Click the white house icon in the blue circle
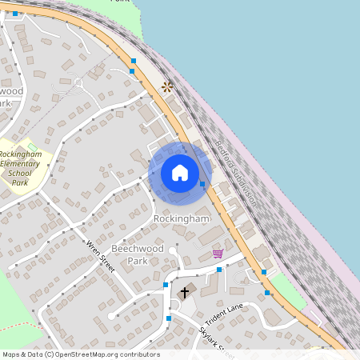tap(180, 172)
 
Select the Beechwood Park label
tap(138, 254)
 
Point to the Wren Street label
tap(101, 257)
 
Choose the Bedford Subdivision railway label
tap(237, 172)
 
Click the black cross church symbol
tap(185, 293)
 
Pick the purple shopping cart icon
tap(218, 254)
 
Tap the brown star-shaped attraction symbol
tap(166, 86)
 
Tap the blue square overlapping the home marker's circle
tap(202, 183)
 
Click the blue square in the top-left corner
tap(15, 14)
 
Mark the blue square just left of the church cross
tap(166, 285)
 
